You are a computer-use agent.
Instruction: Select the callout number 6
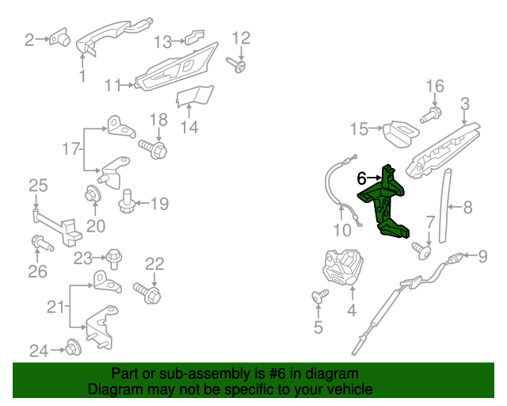(362, 179)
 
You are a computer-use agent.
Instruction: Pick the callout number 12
(240, 37)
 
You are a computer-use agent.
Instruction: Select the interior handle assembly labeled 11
(176, 72)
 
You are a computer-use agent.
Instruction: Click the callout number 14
(189, 126)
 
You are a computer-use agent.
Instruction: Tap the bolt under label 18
(154, 148)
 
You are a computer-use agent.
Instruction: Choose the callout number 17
(71, 148)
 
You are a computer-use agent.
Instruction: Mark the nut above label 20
(93, 193)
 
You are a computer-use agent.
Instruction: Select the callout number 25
(38, 186)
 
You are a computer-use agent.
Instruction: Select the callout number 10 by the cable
(341, 232)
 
